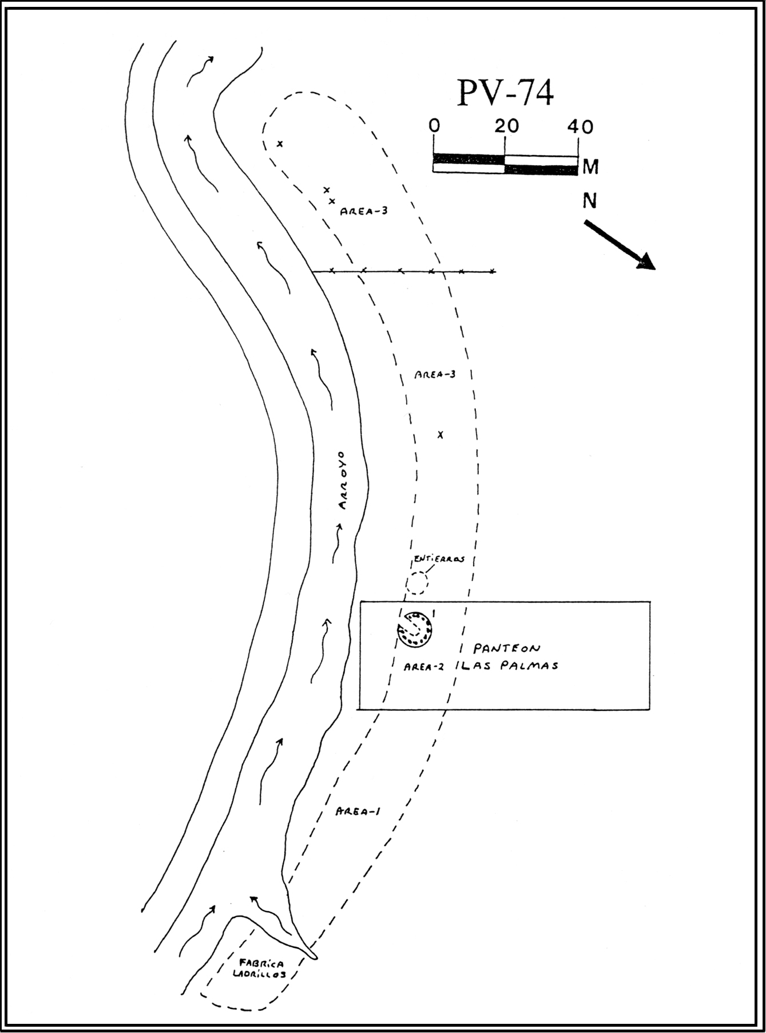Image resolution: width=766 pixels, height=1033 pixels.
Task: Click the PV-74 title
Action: [x=505, y=93]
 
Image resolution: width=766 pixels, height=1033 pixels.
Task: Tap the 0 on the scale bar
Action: [x=435, y=126]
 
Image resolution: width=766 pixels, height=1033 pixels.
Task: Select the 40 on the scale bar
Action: [x=580, y=126]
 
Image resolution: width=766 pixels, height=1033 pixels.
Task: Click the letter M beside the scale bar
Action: [x=590, y=167]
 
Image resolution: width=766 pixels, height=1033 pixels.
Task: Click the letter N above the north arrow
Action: [x=589, y=201]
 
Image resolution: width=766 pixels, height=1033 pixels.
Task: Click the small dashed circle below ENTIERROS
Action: [x=416, y=583]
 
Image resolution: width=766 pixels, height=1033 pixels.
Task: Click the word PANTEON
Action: [x=506, y=648]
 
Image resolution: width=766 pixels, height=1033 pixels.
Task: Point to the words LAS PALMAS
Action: [x=509, y=666]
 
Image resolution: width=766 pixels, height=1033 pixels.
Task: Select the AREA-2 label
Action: [x=424, y=667]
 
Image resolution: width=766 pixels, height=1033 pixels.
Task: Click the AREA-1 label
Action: [x=358, y=812]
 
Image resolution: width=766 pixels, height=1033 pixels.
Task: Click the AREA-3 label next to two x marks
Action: [x=364, y=211]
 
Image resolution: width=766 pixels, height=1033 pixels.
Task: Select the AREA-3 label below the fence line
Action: [x=435, y=375]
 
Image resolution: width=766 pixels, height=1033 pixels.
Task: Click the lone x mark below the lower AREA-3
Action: [x=440, y=435]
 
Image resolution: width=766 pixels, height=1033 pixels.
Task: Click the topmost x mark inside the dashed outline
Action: [x=280, y=144]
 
